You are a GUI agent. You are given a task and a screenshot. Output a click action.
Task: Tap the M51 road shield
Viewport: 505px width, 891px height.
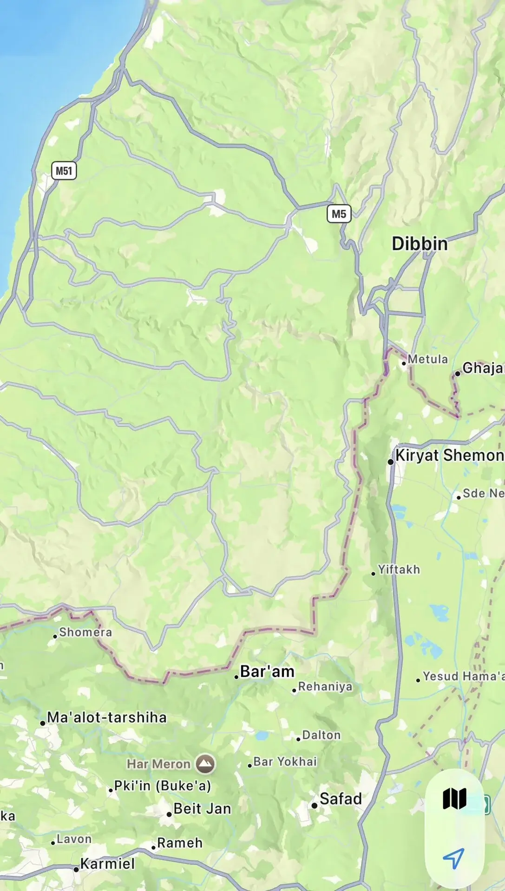point(64,171)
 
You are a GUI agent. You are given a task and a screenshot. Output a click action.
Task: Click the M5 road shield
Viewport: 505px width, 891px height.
point(339,214)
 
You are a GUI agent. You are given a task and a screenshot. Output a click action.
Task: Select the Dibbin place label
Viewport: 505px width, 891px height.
point(420,244)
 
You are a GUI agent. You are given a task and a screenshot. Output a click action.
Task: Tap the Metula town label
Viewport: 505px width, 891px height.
point(427,359)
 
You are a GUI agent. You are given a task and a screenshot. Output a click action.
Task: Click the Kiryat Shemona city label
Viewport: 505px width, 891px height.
point(449,455)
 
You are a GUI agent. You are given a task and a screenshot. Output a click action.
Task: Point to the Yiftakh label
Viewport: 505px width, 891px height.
point(398,569)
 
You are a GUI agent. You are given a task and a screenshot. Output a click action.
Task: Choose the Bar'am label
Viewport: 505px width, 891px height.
point(267,671)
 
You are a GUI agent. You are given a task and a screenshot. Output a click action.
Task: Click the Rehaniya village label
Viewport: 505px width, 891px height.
point(325,686)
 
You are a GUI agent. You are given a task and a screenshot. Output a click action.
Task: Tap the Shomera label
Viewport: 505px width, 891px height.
point(85,632)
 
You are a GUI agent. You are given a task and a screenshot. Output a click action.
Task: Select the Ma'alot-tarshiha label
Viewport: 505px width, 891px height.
point(106,717)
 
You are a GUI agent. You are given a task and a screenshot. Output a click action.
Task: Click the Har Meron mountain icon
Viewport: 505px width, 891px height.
point(205,764)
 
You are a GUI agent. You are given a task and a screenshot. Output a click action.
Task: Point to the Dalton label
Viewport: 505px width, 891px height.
point(321,735)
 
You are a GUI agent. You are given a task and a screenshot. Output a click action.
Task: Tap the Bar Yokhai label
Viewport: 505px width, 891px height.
point(285,762)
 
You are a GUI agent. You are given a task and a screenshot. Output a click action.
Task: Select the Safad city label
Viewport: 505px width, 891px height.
point(340,799)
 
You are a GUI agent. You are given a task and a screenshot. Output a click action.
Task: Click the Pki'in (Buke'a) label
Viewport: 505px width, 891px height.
point(162,786)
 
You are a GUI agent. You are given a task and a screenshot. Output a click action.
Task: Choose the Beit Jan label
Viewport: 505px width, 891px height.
point(202,809)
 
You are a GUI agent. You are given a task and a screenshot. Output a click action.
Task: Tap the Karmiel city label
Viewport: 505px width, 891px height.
point(107,864)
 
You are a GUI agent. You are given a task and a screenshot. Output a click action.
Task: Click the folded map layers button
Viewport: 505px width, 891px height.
point(454,799)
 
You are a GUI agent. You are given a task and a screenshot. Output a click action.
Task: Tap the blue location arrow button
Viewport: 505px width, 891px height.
point(453,859)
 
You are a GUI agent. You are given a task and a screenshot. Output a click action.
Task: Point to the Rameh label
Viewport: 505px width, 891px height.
point(179,843)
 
